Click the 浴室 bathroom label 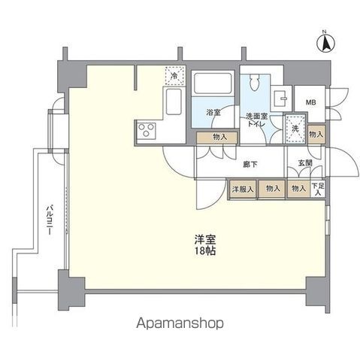213,113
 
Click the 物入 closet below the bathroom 219,137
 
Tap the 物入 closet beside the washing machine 316,134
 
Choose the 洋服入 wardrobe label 242,189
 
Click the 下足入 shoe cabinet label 319,189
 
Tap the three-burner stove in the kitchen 146,132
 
